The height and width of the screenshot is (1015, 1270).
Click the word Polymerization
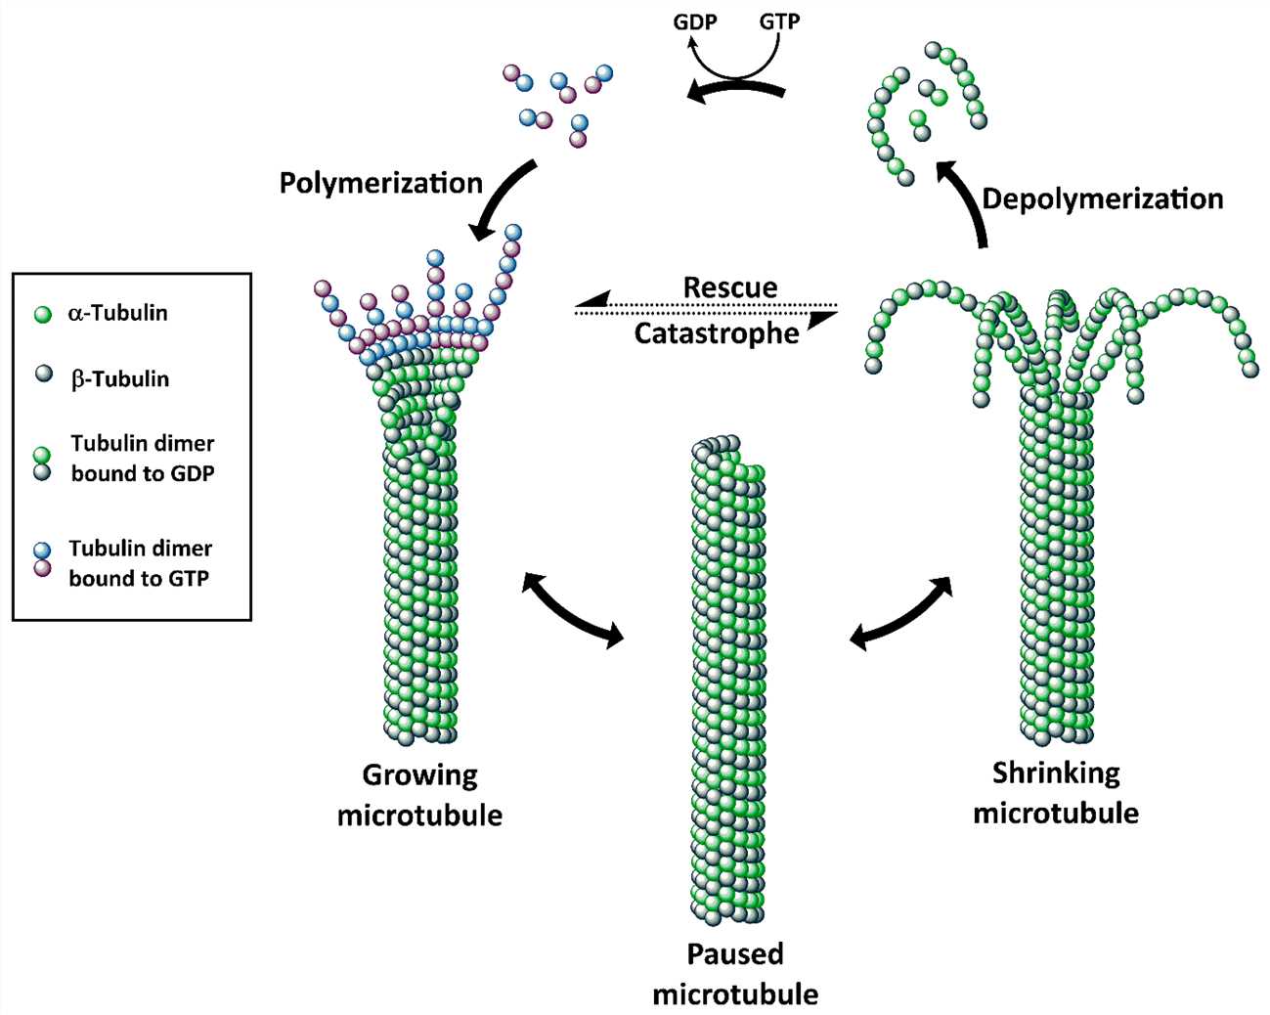point(380,183)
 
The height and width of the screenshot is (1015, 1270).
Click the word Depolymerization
point(1102,199)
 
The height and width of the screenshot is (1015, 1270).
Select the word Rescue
point(729,287)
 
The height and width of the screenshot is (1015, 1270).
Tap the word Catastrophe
point(716,333)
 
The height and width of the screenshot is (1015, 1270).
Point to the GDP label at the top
point(695,21)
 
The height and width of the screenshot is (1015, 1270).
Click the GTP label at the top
point(779,21)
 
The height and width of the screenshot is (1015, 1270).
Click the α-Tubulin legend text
point(117,313)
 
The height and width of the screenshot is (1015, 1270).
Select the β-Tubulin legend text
point(119,379)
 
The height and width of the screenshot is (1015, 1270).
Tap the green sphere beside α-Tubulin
point(42,315)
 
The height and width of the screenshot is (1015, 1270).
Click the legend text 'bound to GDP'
point(143,473)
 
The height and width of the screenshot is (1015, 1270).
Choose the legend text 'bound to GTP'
point(139,578)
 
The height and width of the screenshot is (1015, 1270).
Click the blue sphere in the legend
point(42,550)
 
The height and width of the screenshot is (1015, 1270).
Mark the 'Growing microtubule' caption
point(419,794)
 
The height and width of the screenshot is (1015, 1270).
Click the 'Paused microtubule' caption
point(735,973)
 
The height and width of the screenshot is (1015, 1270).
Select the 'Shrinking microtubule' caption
point(1056,792)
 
